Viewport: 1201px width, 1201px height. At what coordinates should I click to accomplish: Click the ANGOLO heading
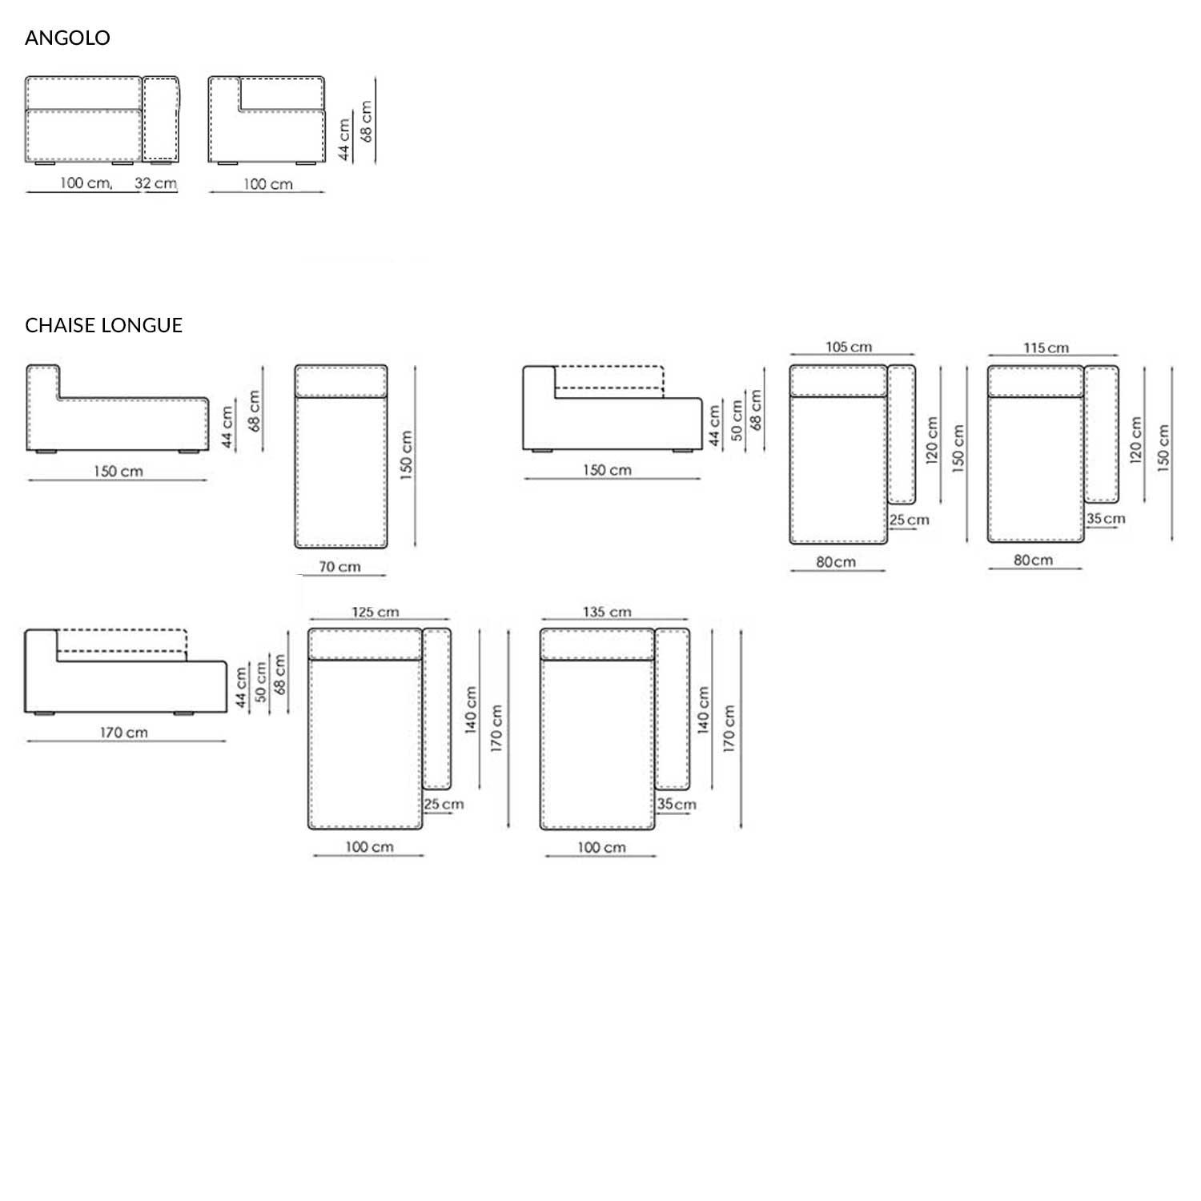point(67,38)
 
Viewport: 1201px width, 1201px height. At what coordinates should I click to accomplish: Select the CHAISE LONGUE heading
point(103,325)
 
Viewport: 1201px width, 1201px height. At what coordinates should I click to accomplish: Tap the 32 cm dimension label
point(155,183)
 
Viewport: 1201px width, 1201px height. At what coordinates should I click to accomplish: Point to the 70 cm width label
point(339,567)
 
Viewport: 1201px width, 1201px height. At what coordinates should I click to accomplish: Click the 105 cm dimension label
point(849,347)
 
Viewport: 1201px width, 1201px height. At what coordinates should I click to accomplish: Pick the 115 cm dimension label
point(1046,348)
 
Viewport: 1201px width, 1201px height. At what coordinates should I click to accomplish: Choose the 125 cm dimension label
point(376,613)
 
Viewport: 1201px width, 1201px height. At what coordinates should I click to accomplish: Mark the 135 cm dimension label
point(607,613)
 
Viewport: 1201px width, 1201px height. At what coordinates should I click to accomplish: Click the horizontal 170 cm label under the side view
point(124,733)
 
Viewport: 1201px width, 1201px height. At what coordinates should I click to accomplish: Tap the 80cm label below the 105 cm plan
point(836,562)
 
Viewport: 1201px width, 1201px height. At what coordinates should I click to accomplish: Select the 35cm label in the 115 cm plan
point(1106,519)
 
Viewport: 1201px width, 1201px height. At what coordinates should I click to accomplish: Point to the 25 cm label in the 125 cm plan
point(444,805)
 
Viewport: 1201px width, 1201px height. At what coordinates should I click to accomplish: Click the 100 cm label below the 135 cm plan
point(601,848)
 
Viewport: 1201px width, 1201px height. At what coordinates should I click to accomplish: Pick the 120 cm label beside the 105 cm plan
point(932,440)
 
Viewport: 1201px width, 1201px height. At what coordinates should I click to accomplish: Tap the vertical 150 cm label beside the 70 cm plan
point(407,455)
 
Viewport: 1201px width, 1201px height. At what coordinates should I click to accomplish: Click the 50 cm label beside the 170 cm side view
point(261,683)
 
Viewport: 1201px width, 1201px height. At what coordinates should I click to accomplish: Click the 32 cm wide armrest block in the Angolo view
point(161,118)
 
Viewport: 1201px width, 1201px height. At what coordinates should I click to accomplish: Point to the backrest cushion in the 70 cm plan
point(341,381)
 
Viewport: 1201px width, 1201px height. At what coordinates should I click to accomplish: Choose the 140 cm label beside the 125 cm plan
point(471,709)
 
